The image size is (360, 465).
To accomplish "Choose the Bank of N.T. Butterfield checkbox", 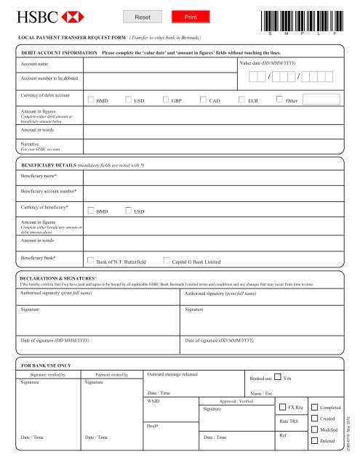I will (x=90, y=259).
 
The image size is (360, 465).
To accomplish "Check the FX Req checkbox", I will (x=282, y=407).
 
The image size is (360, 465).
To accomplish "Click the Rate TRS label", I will (x=289, y=421).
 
